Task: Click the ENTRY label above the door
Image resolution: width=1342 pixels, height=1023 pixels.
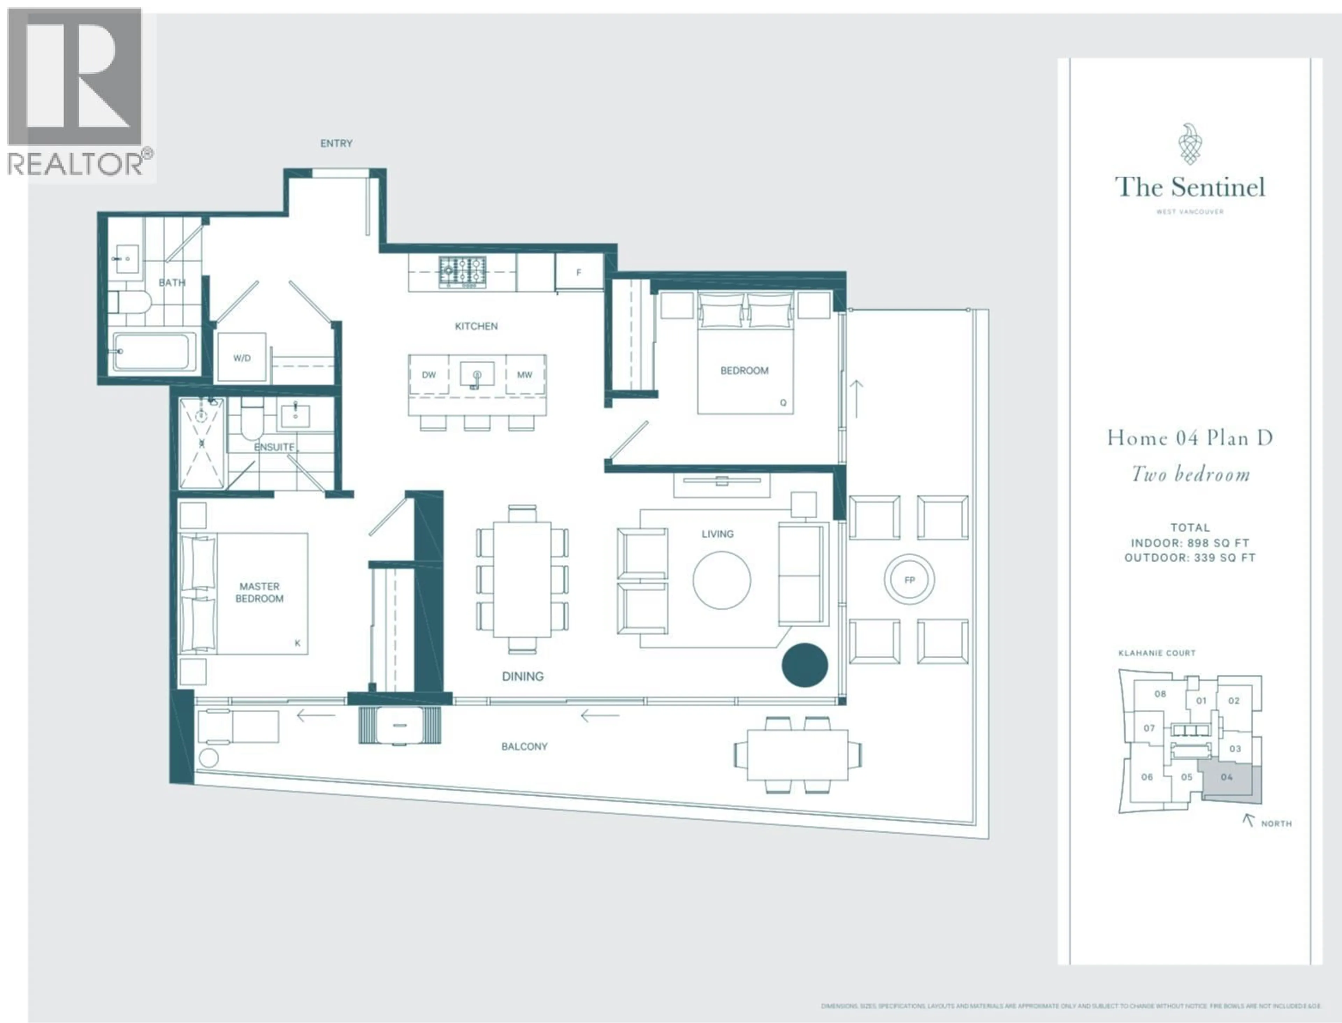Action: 336,143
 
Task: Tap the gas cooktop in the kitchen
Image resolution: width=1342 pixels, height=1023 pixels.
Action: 462,272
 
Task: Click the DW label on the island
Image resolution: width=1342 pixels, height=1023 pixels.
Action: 429,374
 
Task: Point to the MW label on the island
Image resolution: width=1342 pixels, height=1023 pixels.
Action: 525,374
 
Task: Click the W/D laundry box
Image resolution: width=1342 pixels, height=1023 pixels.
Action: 242,357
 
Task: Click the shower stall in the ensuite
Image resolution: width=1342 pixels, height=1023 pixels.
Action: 201,442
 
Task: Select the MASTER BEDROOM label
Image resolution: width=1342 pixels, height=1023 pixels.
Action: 260,592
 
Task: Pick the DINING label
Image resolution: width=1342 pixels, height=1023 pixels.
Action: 523,676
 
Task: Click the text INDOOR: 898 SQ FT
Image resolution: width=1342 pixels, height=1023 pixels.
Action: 1190,542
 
